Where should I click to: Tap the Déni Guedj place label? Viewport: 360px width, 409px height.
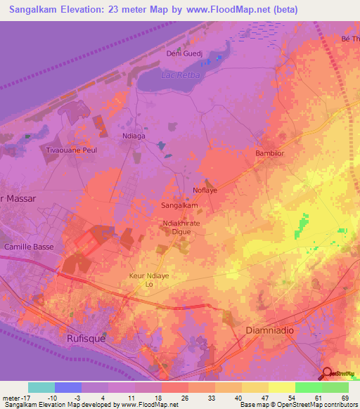pos(184,53)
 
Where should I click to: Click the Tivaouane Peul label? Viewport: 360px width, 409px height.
pos(70,150)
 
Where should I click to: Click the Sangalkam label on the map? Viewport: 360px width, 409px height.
pos(180,206)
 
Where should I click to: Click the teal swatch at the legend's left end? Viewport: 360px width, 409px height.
pos(41,387)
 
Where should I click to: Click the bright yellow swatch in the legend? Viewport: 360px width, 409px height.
pos(281,387)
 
